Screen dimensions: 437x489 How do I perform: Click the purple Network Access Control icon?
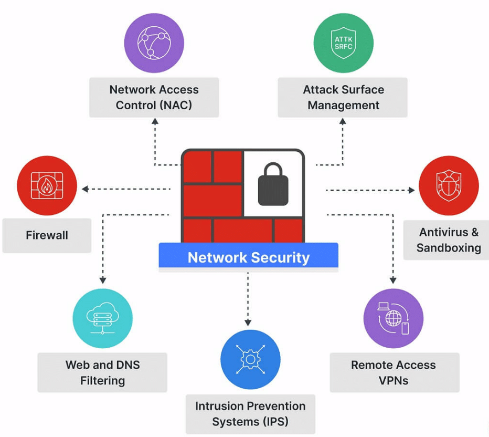(154, 43)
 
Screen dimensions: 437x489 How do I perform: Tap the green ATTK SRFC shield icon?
(343, 43)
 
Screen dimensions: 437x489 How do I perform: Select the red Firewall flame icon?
(47, 185)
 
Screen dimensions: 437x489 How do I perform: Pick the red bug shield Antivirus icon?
(449, 185)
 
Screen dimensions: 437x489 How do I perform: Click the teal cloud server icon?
(102, 317)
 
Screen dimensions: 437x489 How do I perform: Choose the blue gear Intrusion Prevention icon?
(250, 360)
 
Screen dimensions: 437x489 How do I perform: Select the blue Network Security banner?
(248, 257)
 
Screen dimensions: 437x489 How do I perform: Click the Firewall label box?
(47, 235)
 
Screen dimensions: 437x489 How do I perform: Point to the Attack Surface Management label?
(343, 97)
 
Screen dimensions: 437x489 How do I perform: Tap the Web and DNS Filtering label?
(102, 372)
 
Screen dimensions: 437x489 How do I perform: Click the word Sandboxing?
(449, 247)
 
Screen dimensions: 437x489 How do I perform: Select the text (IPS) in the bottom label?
(271, 421)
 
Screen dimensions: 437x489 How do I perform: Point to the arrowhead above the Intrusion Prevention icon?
(248, 322)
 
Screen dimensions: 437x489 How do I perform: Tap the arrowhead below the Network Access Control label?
(155, 121)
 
